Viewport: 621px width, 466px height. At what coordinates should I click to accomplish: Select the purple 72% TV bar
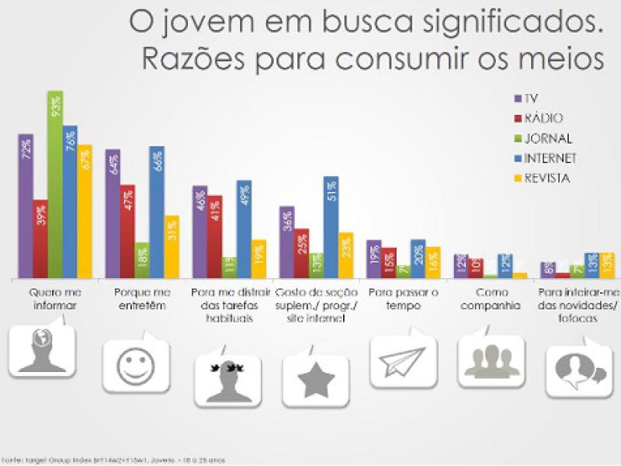(x=26, y=206)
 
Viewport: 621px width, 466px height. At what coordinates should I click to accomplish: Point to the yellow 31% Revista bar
(x=172, y=246)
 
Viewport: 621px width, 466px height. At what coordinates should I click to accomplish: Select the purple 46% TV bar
(x=200, y=231)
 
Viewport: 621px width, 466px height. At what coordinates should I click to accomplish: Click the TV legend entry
(x=527, y=99)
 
